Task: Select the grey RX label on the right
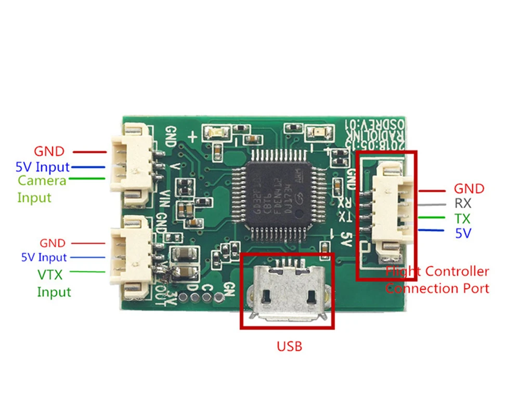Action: (463, 203)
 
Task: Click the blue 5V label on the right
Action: (463, 233)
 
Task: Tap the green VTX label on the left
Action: (50, 275)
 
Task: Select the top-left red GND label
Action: (49, 152)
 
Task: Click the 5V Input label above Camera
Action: (43, 167)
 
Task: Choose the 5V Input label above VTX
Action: (44, 257)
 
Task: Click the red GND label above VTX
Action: (53, 243)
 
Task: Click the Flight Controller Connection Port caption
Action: (437, 280)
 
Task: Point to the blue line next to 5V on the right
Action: (431, 232)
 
